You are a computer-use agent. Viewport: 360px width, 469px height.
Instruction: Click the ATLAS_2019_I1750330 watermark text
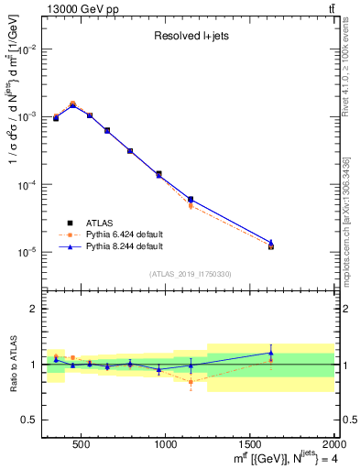point(191,273)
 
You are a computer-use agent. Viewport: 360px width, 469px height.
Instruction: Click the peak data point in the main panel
point(72,104)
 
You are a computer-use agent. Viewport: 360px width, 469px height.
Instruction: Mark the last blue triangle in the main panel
point(270,243)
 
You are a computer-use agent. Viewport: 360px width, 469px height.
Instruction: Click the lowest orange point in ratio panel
point(191,381)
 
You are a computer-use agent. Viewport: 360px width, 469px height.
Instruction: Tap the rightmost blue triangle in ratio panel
point(270,353)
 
